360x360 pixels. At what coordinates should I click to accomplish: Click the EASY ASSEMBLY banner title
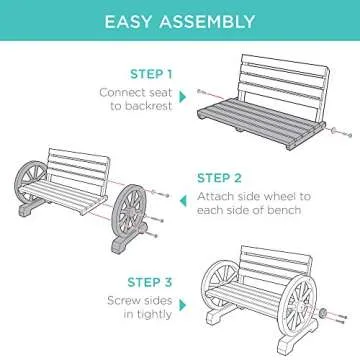(x=180, y=19)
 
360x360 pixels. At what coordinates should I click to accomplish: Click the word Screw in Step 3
(x=121, y=272)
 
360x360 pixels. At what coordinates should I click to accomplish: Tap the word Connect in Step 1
(x=120, y=92)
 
